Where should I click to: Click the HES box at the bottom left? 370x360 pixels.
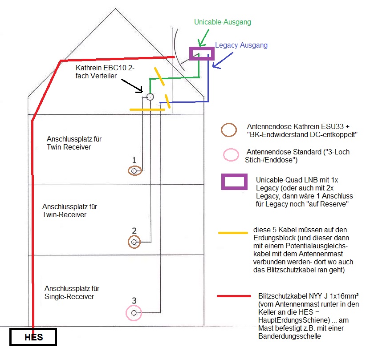pyautogui.click(x=34, y=337)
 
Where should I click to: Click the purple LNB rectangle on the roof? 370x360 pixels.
pyautogui.click(x=202, y=53)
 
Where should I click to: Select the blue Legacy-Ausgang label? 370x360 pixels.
pyautogui.click(x=241, y=45)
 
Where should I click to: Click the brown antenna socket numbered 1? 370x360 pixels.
pyautogui.click(x=134, y=170)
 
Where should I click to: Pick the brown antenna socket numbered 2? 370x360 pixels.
pyautogui.click(x=134, y=242)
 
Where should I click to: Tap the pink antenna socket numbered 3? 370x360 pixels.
pyautogui.click(x=134, y=313)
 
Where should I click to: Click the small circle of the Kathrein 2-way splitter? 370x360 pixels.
pyautogui.click(x=150, y=97)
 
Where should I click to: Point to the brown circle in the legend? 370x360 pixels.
pyautogui.click(x=229, y=129)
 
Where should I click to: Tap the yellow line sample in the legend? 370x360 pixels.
pyautogui.click(x=233, y=232)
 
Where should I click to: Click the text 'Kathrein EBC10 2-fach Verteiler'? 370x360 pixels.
pyautogui.click(x=105, y=72)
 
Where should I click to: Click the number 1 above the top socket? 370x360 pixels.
pyautogui.click(x=133, y=159)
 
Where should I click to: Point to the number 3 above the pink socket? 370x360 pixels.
pyautogui.click(x=134, y=301)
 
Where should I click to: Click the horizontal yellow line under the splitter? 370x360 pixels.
pyautogui.click(x=147, y=109)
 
